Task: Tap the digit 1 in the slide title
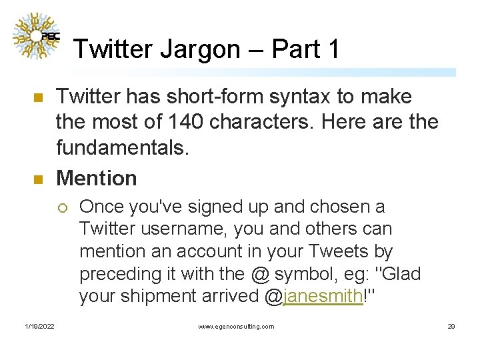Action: (333, 49)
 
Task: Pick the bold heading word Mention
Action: (97, 178)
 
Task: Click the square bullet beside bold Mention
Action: (38, 179)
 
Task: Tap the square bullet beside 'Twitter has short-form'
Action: (38, 98)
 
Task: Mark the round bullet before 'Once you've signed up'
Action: (62, 207)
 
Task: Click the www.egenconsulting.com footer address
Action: (236, 326)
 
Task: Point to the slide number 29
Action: (451, 326)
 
